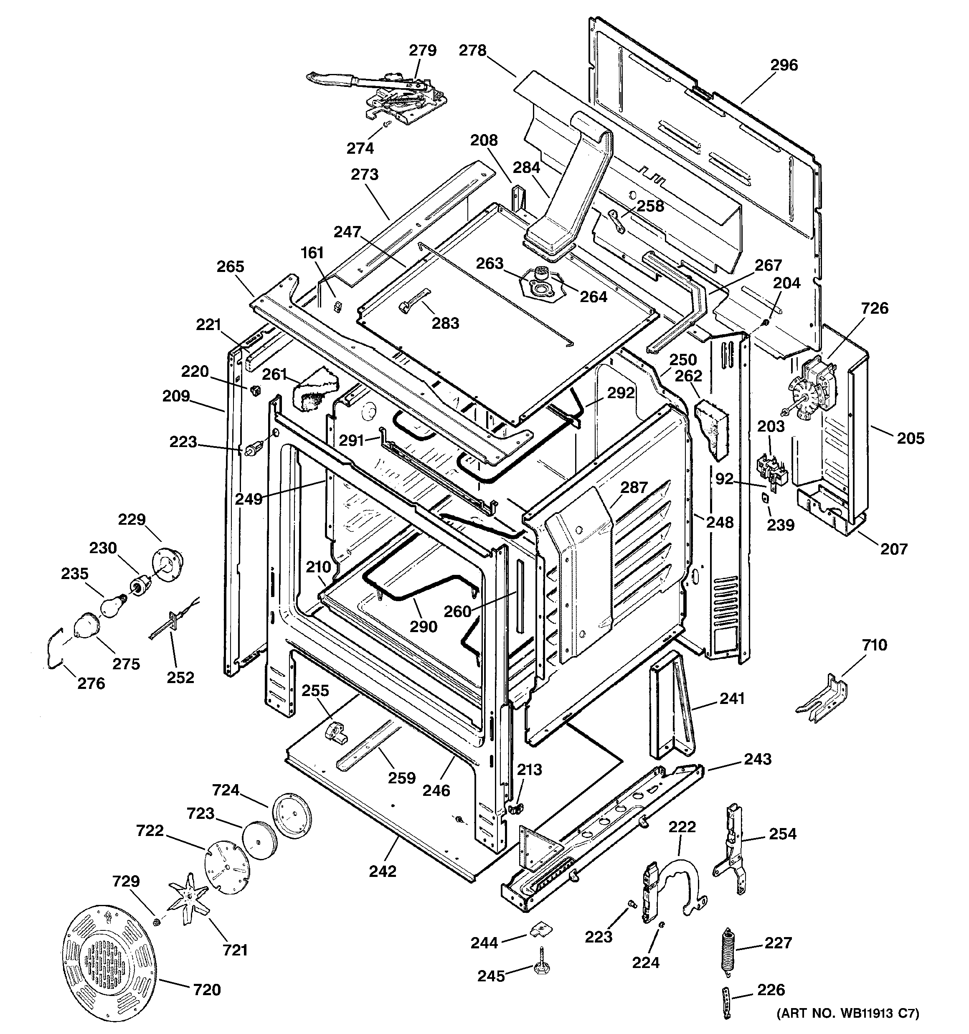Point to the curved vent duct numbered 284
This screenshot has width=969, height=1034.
pos(567,187)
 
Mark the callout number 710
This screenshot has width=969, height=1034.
pos(874,645)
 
